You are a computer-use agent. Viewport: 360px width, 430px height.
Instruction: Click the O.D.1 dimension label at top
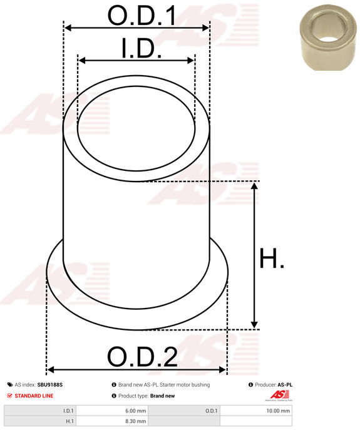point(141,15)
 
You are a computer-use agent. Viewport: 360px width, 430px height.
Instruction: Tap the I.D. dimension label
point(141,49)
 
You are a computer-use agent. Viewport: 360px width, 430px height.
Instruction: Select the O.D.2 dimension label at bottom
point(142,357)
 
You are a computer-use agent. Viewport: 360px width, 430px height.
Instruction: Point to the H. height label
point(271,258)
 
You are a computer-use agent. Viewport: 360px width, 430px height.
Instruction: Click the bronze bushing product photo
point(328,38)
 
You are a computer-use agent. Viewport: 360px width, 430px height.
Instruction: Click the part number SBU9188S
point(50,385)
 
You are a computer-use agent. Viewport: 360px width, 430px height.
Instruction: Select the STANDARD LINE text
point(34,396)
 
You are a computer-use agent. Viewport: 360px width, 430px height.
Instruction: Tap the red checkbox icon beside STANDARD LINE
point(9,396)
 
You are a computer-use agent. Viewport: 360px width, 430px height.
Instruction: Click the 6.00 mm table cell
point(112,411)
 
